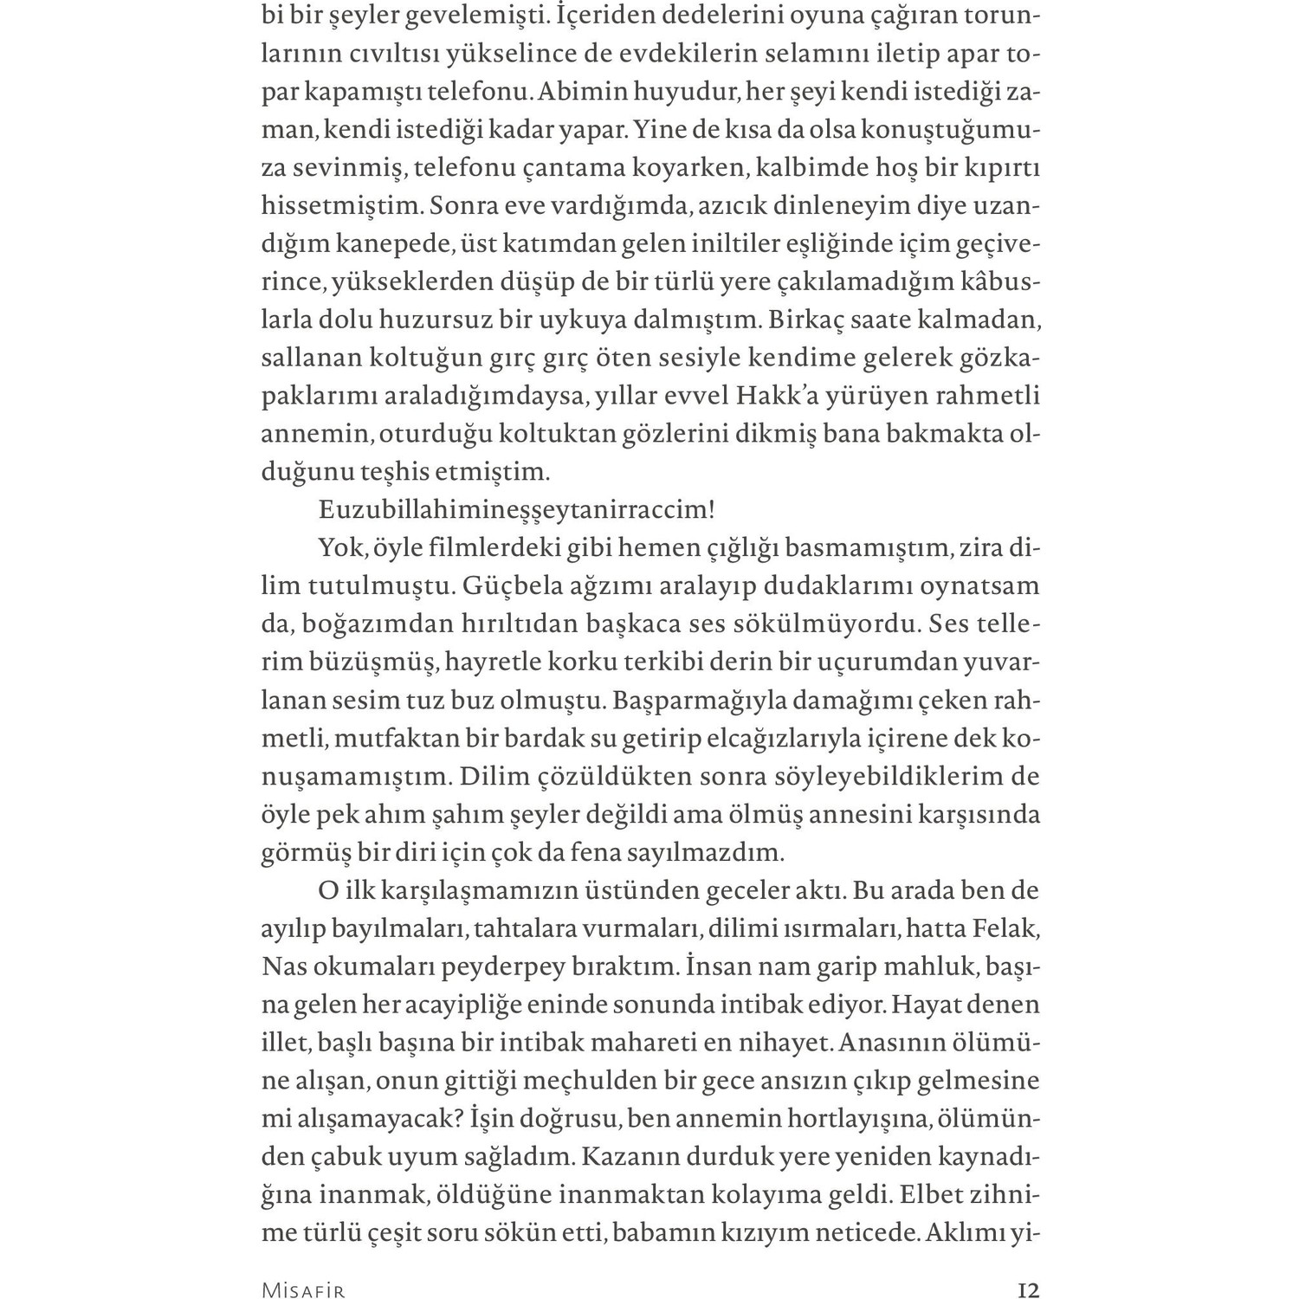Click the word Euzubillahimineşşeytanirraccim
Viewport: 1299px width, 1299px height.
[516, 510]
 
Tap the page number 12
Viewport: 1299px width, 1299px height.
[1028, 1290]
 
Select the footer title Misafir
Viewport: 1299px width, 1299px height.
[303, 1291]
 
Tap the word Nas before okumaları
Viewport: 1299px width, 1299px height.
[282, 966]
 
